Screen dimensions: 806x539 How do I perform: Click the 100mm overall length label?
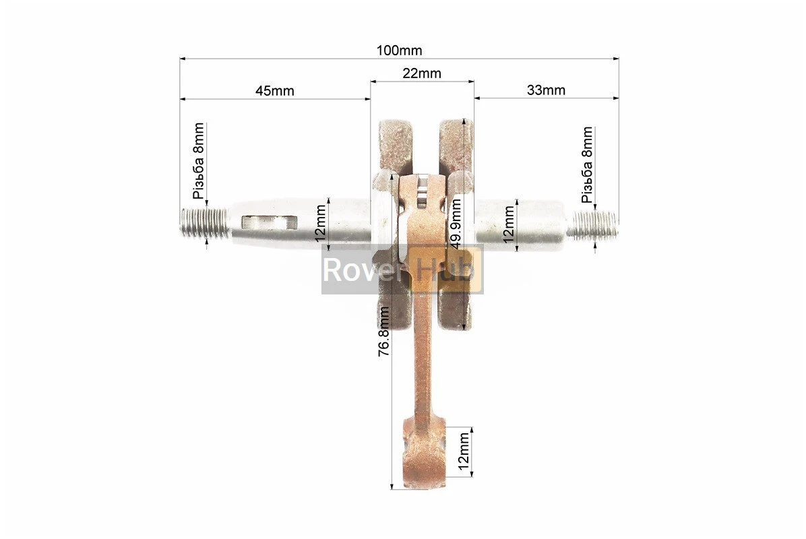click(399, 51)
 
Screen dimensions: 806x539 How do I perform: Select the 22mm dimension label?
click(421, 73)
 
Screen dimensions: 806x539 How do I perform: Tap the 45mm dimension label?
click(274, 91)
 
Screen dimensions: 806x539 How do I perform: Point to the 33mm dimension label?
click(546, 90)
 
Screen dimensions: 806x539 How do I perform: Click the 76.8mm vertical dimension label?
click(384, 331)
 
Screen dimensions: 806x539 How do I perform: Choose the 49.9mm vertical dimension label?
click(456, 224)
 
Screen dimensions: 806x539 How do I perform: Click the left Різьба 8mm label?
click(198, 161)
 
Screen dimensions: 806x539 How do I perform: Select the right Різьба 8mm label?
click(586, 164)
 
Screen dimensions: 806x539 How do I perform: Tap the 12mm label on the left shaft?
click(320, 224)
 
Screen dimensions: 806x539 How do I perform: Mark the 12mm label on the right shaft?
click(508, 224)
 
